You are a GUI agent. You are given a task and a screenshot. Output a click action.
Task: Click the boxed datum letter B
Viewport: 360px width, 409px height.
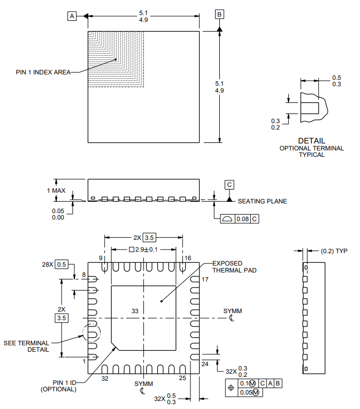coord(219,14)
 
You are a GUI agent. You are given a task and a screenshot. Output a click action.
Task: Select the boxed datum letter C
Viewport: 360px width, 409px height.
coord(229,185)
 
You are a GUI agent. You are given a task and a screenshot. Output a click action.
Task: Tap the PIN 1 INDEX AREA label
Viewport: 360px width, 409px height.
coord(43,72)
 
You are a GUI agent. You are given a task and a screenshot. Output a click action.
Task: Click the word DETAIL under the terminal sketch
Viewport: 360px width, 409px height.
coord(311,141)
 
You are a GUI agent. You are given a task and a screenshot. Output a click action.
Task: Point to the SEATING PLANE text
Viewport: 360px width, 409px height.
coord(262,201)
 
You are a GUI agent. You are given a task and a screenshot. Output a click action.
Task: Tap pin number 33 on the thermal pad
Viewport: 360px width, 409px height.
coord(135,311)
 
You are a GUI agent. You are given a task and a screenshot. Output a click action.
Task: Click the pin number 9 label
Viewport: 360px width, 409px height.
coord(100,258)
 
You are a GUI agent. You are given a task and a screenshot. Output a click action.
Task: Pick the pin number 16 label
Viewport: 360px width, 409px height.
coord(187,258)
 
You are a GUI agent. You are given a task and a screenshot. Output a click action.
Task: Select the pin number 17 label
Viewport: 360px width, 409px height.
coord(204,280)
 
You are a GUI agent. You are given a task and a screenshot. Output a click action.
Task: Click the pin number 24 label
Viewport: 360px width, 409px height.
coord(204,364)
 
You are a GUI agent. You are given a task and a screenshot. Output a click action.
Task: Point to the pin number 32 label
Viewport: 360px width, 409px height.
coord(105,378)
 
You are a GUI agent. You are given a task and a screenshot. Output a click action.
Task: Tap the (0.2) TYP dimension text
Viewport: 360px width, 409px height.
coord(334,251)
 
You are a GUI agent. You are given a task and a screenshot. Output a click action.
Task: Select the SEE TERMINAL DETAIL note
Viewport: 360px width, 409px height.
coord(26,346)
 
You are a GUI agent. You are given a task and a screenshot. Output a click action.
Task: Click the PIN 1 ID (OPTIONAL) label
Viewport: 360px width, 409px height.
coord(58,386)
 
